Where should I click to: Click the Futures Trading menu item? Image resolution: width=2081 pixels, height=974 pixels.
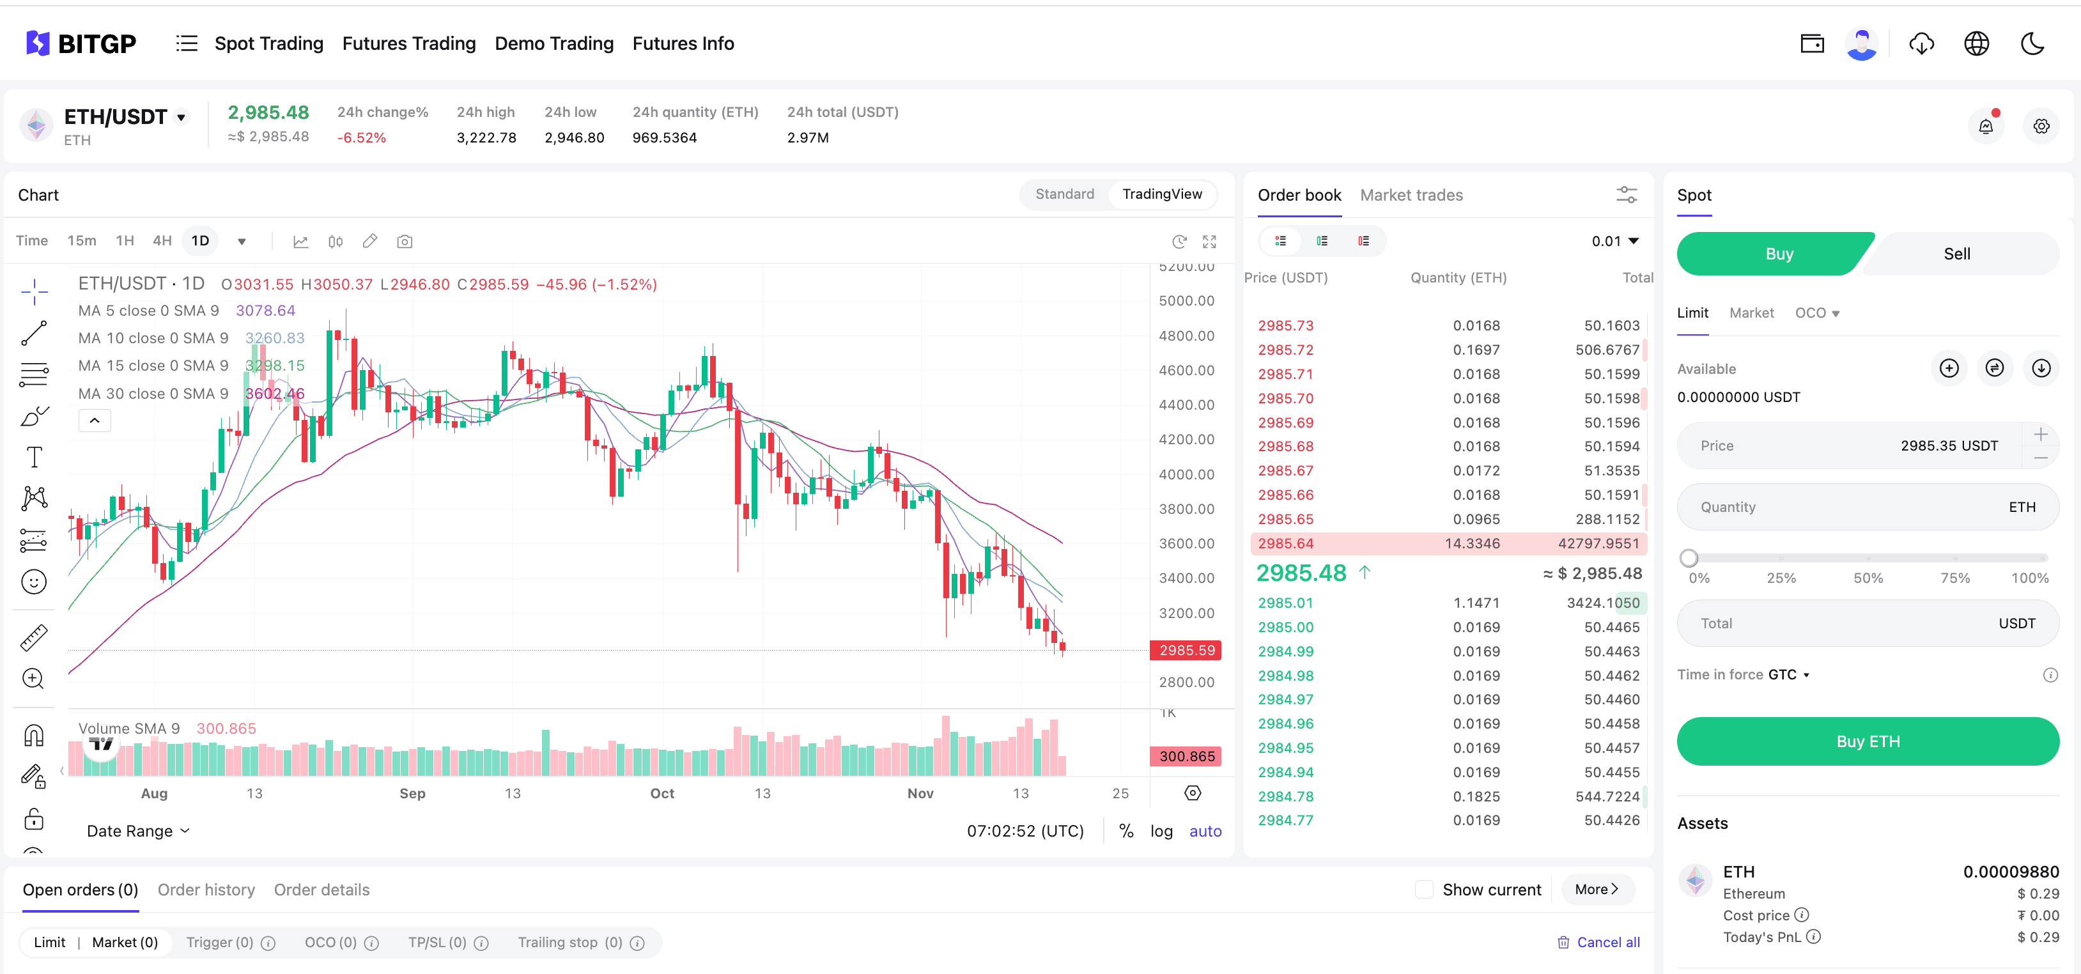click(x=409, y=43)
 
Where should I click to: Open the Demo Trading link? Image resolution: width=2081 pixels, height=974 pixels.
click(x=554, y=43)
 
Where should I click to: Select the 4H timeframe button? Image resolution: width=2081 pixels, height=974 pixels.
click(x=162, y=241)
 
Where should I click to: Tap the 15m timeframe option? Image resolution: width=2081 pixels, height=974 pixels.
click(x=82, y=241)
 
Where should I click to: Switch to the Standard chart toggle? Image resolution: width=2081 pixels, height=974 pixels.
click(x=1064, y=194)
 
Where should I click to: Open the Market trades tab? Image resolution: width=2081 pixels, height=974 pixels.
click(x=1411, y=195)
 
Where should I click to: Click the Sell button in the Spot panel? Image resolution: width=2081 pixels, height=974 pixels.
click(x=1956, y=254)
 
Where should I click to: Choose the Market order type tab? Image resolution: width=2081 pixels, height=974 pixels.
click(x=1751, y=313)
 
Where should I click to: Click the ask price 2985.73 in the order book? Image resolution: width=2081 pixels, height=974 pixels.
click(x=1285, y=325)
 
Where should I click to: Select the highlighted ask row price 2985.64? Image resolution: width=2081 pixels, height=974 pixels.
click(x=1285, y=543)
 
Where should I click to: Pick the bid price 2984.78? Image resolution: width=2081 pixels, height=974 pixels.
click(x=1285, y=796)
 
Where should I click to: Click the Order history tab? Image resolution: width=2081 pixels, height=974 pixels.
click(x=206, y=889)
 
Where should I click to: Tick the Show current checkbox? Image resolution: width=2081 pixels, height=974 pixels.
click(x=1424, y=889)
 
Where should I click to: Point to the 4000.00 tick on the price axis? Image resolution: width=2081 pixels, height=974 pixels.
click(x=1186, y=474)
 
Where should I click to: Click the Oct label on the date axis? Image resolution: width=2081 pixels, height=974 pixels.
click(x=661, y=793)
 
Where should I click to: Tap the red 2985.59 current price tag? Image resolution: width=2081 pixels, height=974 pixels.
click(x=1186, y=650)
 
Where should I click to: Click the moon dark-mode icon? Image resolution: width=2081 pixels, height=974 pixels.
click(x=2032, y=43)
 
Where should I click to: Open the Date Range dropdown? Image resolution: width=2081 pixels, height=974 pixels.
click(x=138, y=831)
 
